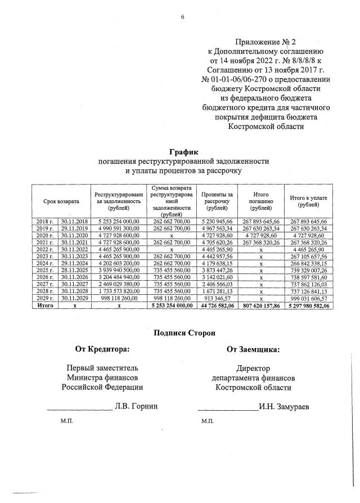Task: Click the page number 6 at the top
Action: (182, 17)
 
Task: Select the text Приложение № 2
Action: (264, 42)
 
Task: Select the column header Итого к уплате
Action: (308, 201)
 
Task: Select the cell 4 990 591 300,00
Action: (119, 229)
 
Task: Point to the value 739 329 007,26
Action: (308, 270)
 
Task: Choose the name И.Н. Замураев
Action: (285, 405)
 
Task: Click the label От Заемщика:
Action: (253, 350)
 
